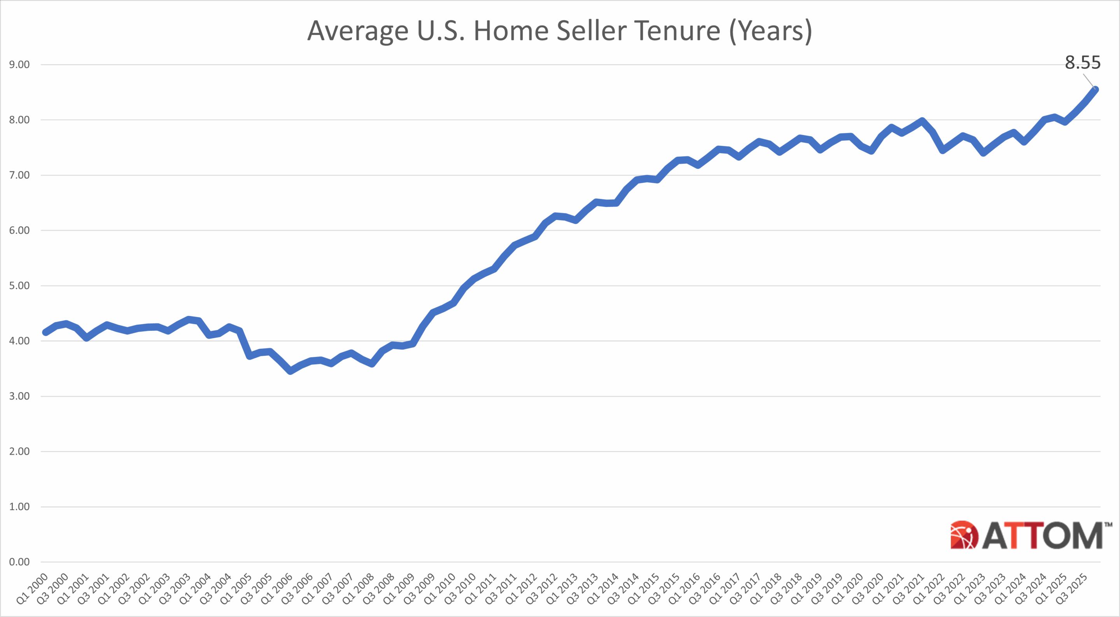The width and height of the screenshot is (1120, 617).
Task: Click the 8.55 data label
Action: (1082, 63)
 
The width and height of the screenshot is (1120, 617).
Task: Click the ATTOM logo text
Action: (1042, 535)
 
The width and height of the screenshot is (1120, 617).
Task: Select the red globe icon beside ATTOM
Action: (964, 535)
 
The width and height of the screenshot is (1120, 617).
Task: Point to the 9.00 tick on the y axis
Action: (19, 65)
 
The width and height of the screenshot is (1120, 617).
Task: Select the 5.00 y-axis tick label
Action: (19, 286)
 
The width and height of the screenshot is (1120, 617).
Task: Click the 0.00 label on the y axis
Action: (19, 562)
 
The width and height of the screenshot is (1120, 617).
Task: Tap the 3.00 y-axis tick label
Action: (19, 396)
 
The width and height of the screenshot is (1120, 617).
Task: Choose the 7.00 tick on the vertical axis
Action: (19, 175)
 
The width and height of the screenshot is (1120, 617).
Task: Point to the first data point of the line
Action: (45, 332)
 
